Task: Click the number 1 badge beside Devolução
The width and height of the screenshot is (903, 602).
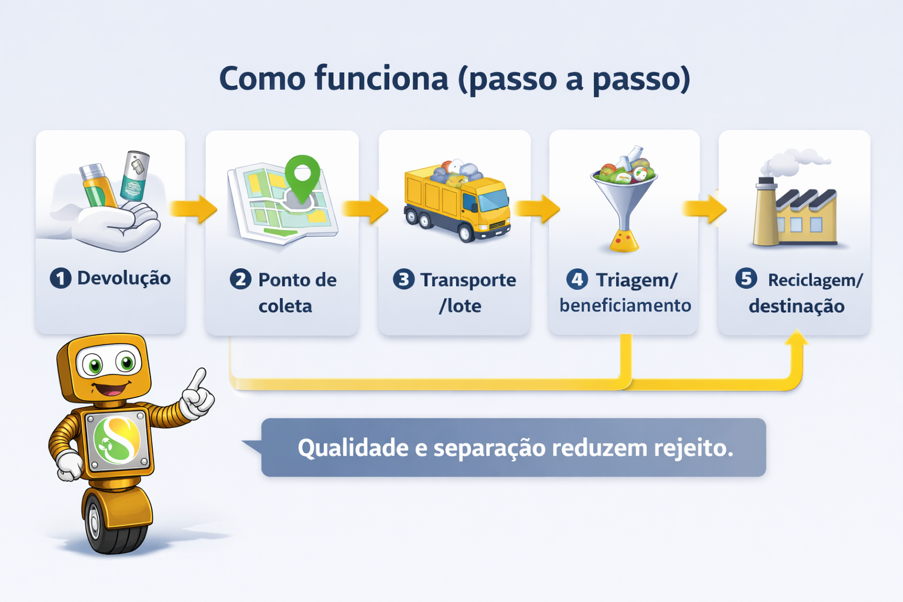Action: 61,278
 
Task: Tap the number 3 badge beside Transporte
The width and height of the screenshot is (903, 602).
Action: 403,279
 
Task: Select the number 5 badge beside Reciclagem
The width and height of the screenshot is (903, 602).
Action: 746,278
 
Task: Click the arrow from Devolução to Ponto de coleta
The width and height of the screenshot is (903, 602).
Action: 194,209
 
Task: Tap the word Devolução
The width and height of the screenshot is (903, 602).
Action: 124,278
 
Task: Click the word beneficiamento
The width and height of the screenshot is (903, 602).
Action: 625,306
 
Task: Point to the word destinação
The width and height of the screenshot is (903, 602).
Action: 797,306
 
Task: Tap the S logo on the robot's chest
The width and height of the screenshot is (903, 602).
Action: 117,439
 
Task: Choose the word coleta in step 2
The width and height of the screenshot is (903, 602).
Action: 285,306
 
